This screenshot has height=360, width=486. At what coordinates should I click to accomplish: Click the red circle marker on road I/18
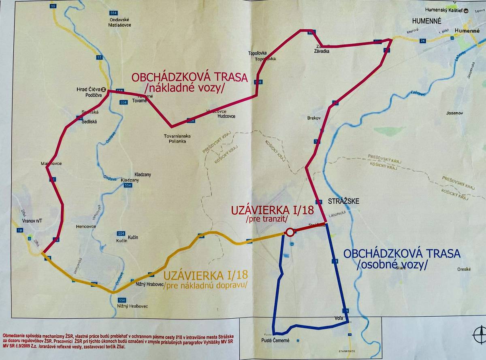pyautogui.click(x=290, y=232)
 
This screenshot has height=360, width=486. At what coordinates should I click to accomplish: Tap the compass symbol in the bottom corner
pyautogui.click(x=479, y=336)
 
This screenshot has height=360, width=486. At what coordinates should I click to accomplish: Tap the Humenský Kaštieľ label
pyautogui.click(x=443, y=10)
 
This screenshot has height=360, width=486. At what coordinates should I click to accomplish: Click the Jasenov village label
pyautogui.click(x=454, y=113)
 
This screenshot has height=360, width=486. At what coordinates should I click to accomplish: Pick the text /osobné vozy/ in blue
pyautogui.click(x=392, y=265)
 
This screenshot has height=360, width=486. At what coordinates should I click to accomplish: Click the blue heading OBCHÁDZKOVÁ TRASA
pyautogui.click(x=401, y=254)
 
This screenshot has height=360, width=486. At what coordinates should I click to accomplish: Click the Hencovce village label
pyautogui.click(x=86, y=227)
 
